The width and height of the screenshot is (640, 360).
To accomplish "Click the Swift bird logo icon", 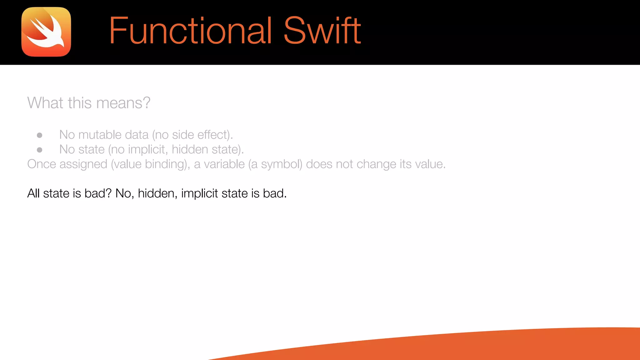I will (x=46, y=32).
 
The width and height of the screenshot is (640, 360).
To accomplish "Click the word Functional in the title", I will (x=190, y=31).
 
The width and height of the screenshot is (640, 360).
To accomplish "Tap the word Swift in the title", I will (x=322, y=31).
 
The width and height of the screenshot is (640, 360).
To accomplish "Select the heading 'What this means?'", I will (x=89, y=103).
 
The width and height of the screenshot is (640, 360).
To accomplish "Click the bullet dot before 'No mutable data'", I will (x=40, y=135).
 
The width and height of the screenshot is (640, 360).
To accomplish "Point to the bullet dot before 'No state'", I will (x=40, y=150).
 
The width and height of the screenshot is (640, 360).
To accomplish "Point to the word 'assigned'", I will (x=83, y=164).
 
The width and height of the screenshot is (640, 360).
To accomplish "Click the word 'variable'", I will (x=224, y=164).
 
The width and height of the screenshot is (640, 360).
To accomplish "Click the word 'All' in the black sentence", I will (x=33, y=193).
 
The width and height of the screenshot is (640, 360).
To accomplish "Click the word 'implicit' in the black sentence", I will (x=199, y=194).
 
